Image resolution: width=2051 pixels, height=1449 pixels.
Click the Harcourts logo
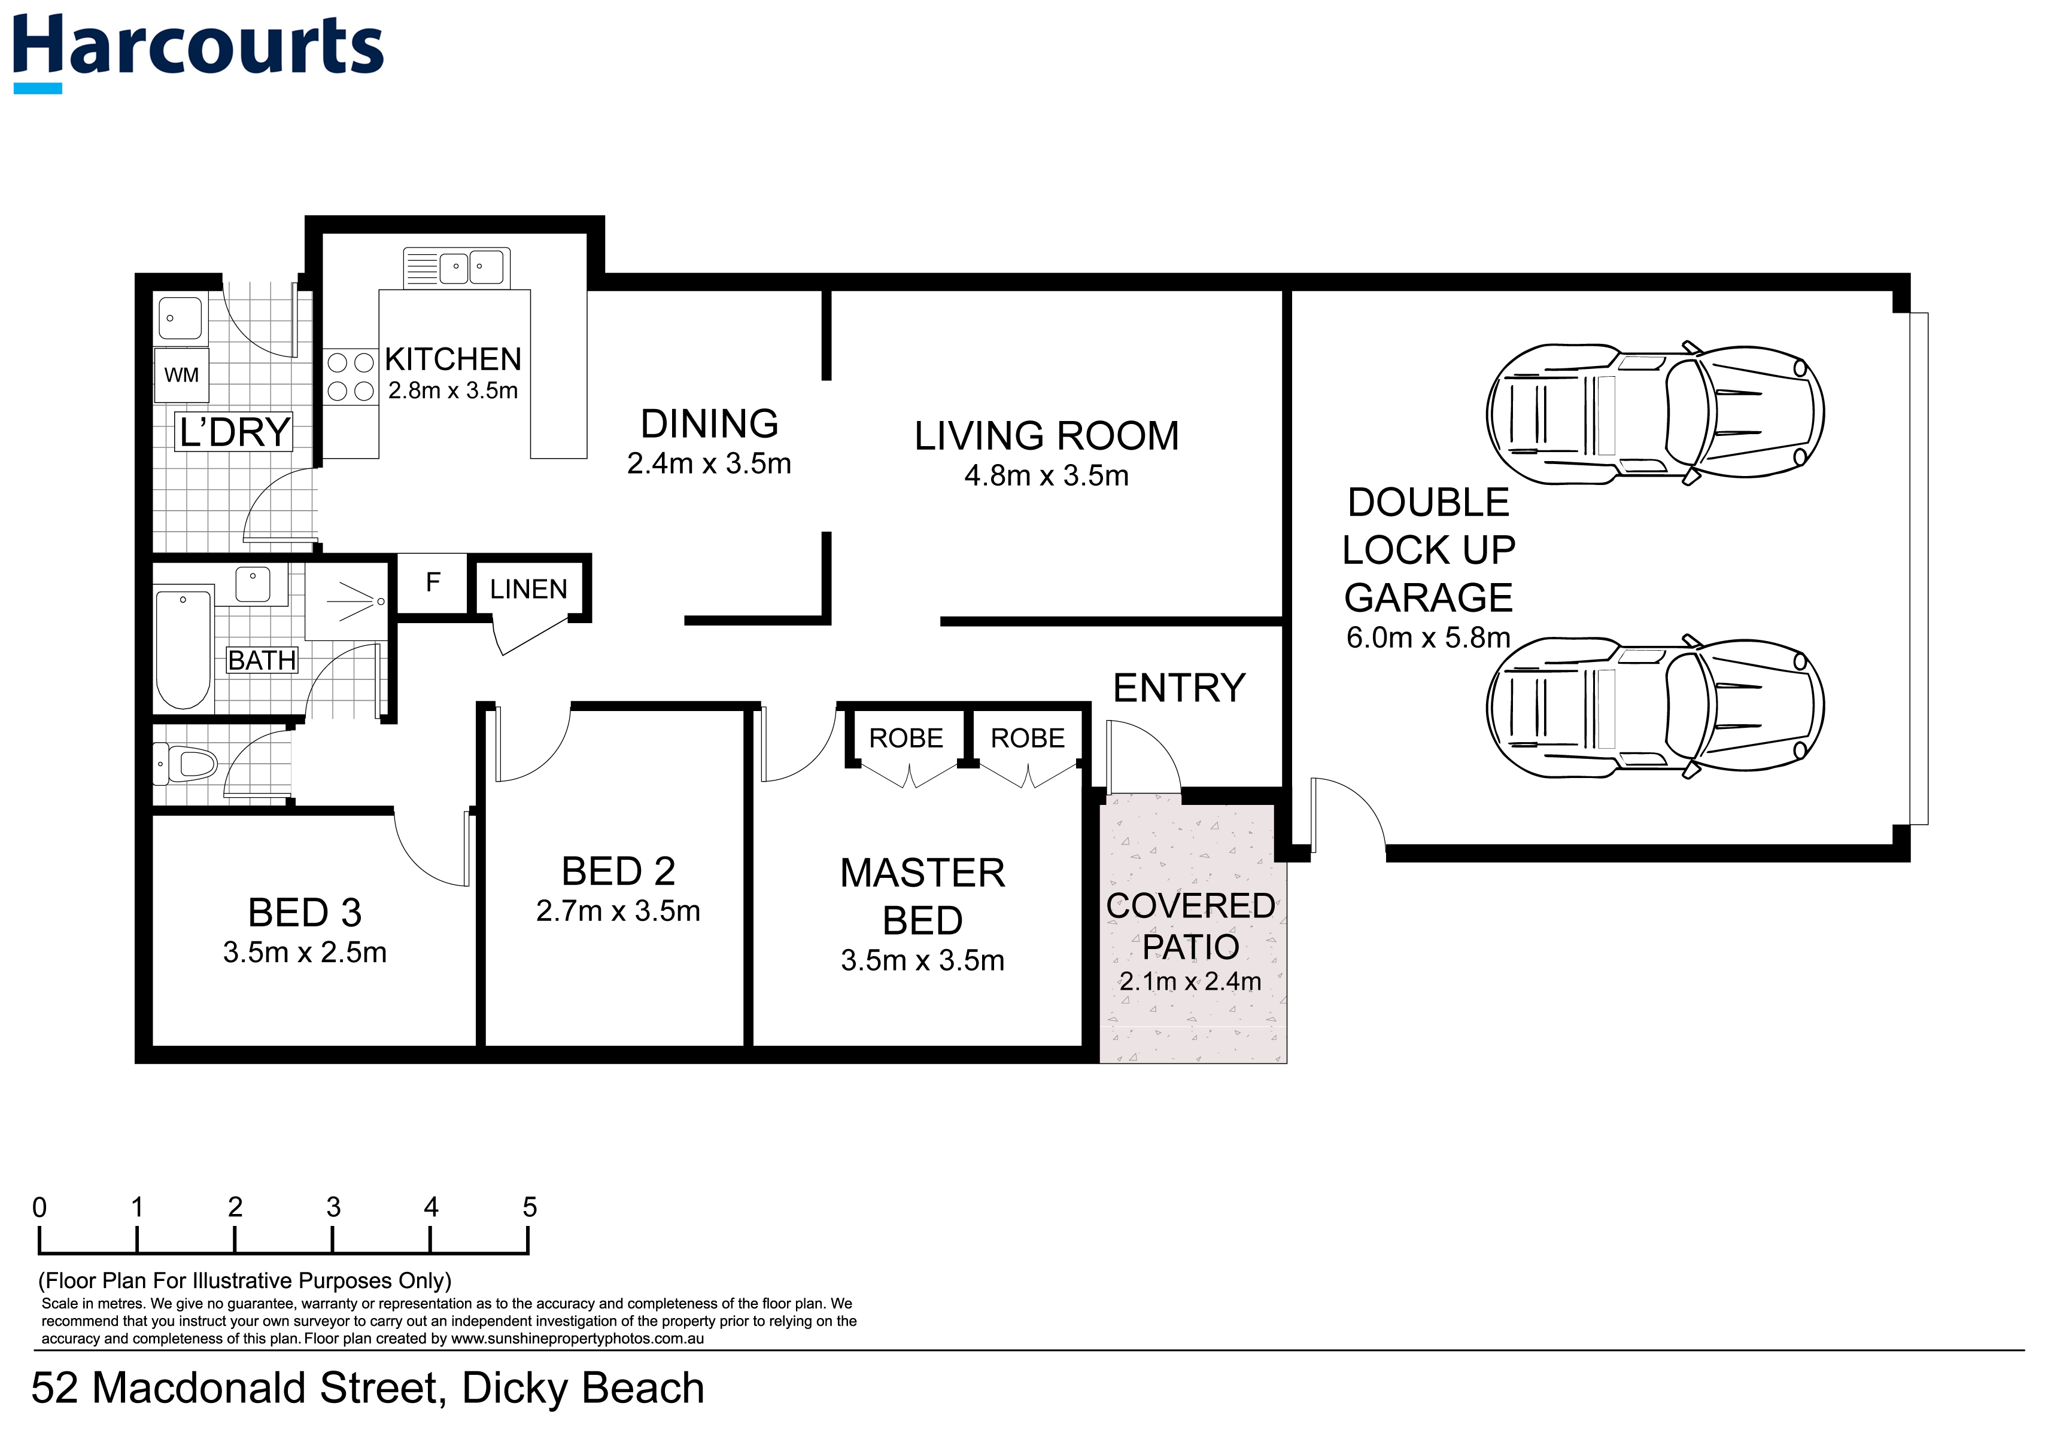[x=198, y=49]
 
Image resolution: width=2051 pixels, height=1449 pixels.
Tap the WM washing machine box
[x=181, y=375]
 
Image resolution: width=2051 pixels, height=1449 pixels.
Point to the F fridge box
[x=432, y=583]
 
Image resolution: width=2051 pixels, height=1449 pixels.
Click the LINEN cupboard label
[x=528, y=589]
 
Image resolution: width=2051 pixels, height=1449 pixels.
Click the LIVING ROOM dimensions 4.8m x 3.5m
[x=1046, y=476]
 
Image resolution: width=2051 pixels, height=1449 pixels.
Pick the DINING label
[x=709, y=424]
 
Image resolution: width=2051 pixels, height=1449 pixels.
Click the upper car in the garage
[x=1654, y=414]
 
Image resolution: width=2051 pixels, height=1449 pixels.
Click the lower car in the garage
[x=1654, y=707]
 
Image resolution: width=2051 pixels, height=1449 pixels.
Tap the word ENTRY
[x=1178, y=688]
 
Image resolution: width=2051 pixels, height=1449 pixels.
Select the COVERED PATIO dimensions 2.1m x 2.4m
[x=1190, y=982]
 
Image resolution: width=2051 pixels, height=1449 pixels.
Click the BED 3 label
[x=305, y=913]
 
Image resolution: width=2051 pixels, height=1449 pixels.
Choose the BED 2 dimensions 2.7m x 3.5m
[x=618, y=911]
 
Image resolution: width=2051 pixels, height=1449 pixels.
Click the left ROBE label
[x=906, y=739]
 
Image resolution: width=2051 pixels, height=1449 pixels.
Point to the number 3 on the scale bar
[x=333, y=1208]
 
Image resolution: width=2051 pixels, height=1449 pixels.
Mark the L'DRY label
[x=234, y=432]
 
